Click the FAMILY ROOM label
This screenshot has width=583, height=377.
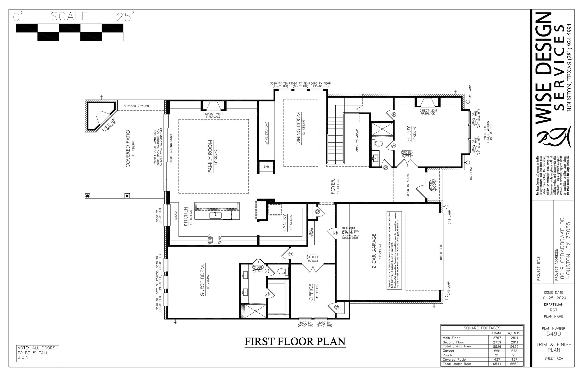click(x=211, y=156)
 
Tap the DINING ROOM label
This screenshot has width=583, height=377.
click(x=299, y=128)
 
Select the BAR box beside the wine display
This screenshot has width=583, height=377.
click(x=266, y=167)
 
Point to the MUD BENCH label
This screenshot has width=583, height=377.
click(x=311, y=232)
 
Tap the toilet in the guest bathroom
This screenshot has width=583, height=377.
click(x=282, y=271)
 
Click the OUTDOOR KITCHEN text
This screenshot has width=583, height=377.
click(x=136, y=106)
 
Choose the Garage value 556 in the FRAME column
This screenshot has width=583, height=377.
click(x=497, y=351)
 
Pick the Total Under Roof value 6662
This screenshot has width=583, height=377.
click(x=514, y=364)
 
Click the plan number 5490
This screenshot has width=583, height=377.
click(x=553, y=334)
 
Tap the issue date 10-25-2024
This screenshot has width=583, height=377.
click(x=553, y=298)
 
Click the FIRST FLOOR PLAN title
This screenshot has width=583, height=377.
click(x=295, y=341)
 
